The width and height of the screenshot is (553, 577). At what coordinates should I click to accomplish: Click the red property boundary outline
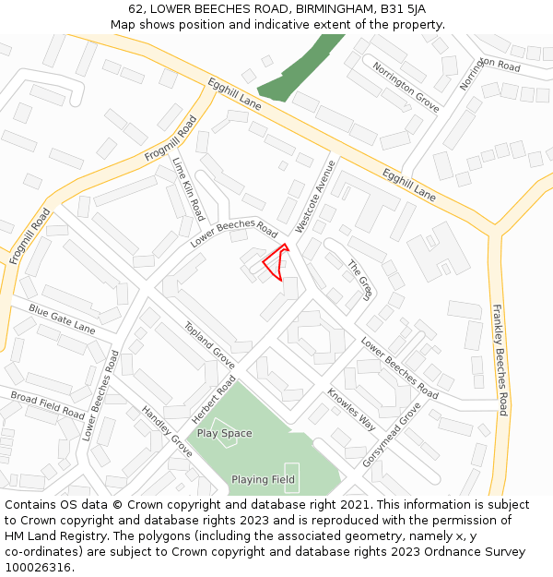pos(275,261)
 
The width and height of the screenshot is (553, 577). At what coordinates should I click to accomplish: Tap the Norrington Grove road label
pos(406,86)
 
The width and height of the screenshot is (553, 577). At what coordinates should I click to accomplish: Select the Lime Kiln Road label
pos(188,188)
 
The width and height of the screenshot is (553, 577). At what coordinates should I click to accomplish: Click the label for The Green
pos(359,280)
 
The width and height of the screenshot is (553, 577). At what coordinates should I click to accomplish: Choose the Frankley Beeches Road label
pos(500,360)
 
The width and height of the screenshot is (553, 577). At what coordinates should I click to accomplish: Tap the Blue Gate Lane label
pos(62,319)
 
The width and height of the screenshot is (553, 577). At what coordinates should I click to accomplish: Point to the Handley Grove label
pos(167,431)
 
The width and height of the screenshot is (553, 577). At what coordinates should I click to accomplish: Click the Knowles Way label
pos(351,410)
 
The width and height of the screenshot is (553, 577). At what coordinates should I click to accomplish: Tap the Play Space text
pos(224,433)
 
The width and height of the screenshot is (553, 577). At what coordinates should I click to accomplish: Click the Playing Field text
pos(263,480)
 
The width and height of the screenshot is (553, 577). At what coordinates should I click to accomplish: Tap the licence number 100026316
pos(38,567)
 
